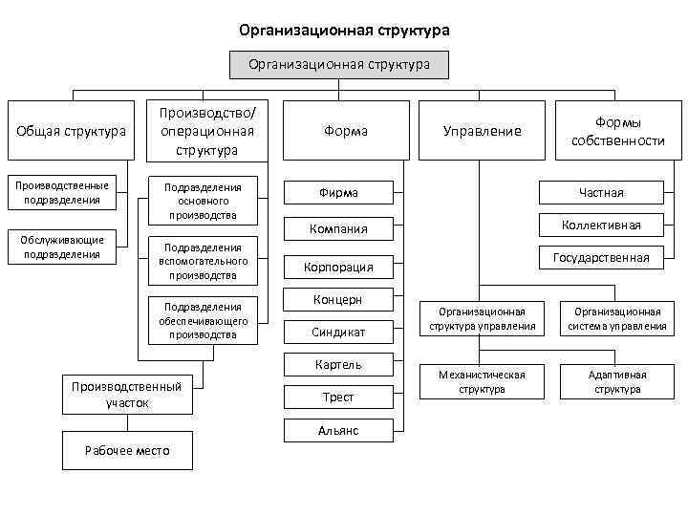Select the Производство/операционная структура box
(x=206, y=131)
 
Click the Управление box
(x=482, y=131)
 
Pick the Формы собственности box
(x=617, y=131)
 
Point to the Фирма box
(x=338, y=193)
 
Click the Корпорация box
(x=338, y=267)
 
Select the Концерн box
(x=338, y=300)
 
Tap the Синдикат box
(x=338, y=332)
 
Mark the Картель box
(x=338, y=364)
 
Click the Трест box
(x=338, y=397)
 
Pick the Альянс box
(x=338, y=431)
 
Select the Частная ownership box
(x=601, y=193)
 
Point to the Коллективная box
(x=601, y=226)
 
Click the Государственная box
(x=601, y=257)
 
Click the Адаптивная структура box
(x=617, y=381)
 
